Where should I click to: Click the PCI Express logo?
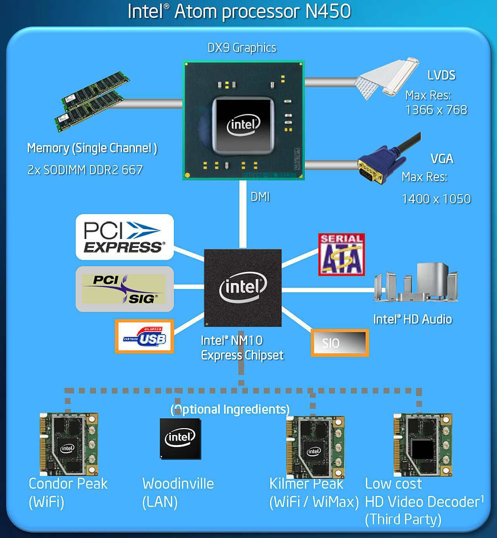124,237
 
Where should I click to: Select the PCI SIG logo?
124,289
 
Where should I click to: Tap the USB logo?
144,336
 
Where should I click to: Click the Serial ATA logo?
341,254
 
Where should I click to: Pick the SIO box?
340,343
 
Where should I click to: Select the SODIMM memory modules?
92,101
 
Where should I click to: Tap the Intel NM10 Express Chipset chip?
243,287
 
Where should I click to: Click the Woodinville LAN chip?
180,439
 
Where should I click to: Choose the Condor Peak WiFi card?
69,444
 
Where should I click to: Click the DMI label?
260,197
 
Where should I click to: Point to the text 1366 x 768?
436,110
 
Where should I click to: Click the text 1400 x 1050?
436,199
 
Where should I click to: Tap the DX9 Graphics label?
242,48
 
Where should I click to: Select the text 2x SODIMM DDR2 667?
85,170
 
